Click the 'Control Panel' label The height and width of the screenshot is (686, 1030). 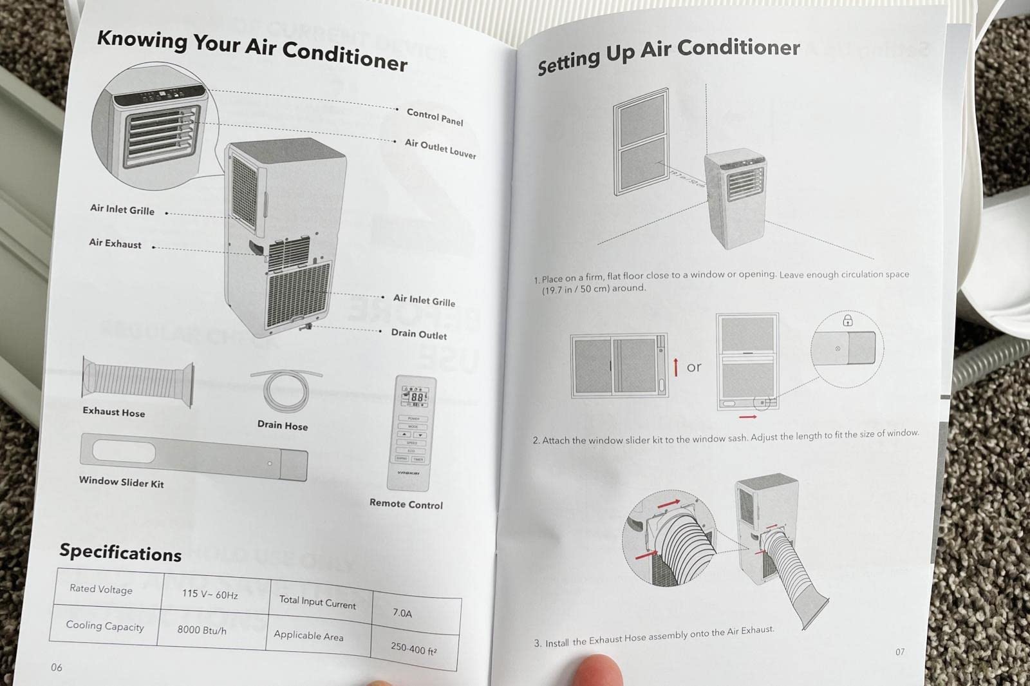pyautogui.click(x=435, y=117)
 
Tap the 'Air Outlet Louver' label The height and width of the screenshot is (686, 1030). pyautogui.click(x=440, y=149)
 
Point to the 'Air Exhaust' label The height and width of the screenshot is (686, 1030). pyautogui.click(x=115, y=243)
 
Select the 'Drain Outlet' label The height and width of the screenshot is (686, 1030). pyautogui.click(x=418, y=334)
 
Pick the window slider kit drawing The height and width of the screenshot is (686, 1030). pyautogui.click(x=193, y=458)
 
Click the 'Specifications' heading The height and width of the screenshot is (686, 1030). pyautogui.click(x=120, y=553)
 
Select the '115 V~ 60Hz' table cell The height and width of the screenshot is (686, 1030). pyautogui.click(x=210, y=594)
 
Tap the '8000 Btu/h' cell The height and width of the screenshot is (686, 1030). pyautogui.click(x=202, y=630)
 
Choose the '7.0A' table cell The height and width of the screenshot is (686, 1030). pyautogui.click(x=402, y=613)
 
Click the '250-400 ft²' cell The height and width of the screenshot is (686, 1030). pyautogui.click(x=413, y=648)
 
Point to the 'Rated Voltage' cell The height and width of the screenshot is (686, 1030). pyautogui.click(x=101, y=589)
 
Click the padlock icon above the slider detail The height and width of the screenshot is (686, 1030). pyautogui.click(x=848, y=320)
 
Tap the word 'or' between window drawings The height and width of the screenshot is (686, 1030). pyautogui.click(x=694, y=367)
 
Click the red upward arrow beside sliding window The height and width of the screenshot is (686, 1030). pyautogui.click(x=675, y=367)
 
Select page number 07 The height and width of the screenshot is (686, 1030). pyautogui.click(x=900, y=652)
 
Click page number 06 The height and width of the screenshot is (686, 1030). pyautogui.click(x=57, y=667)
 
